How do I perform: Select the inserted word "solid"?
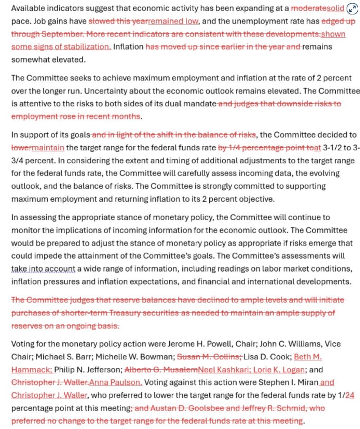point(335,9)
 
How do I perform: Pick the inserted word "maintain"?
point(48,147)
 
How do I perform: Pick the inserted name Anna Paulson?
point(116,383)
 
